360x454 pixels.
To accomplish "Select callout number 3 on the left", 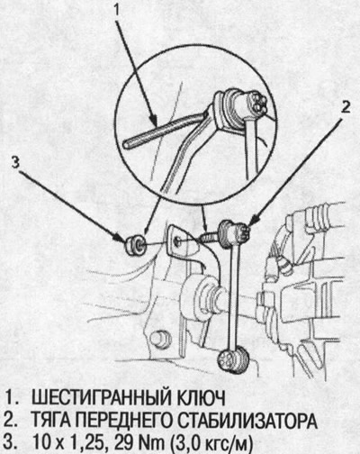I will pos(13,163).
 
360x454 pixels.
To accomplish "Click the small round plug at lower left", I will pos(159,338).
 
